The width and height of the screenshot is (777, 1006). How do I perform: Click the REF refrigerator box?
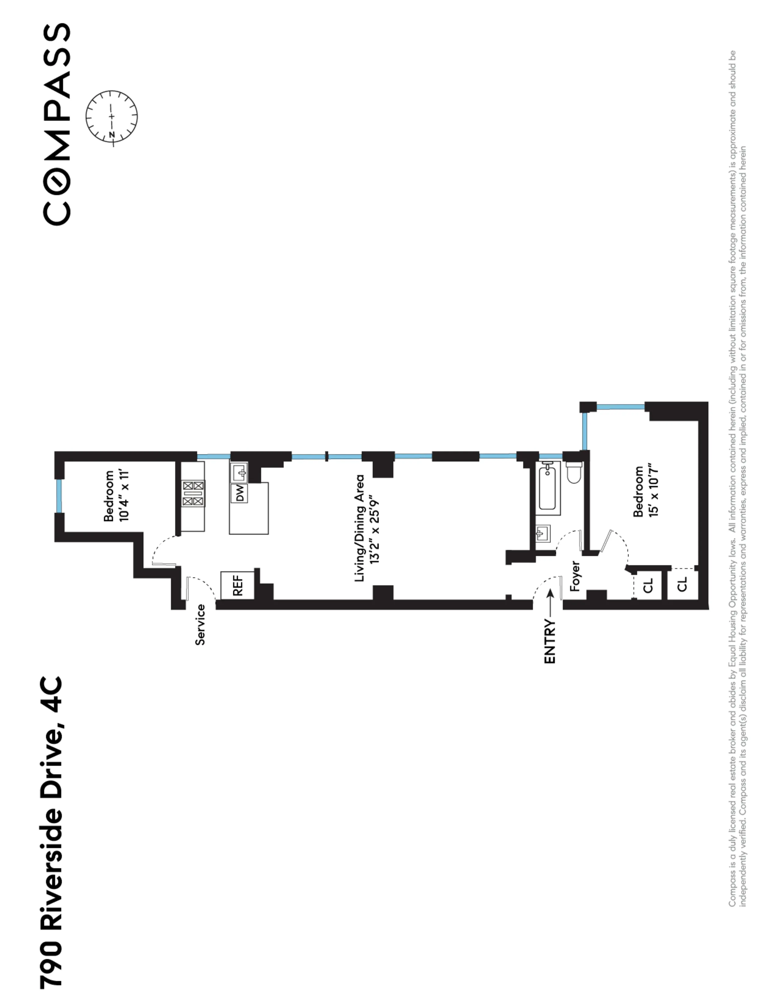pyautogui.click(x=238, y=585)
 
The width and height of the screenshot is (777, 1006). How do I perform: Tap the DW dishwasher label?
pyautogui.click(x=239, y=493)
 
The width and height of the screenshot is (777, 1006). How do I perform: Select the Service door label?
pyautogui.click(x=200, y=624)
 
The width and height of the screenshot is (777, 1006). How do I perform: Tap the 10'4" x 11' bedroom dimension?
pyautogui.click(x=124, y=496)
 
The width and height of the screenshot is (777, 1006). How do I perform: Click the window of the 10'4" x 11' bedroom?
pyautogui.click(x=59, y=496)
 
